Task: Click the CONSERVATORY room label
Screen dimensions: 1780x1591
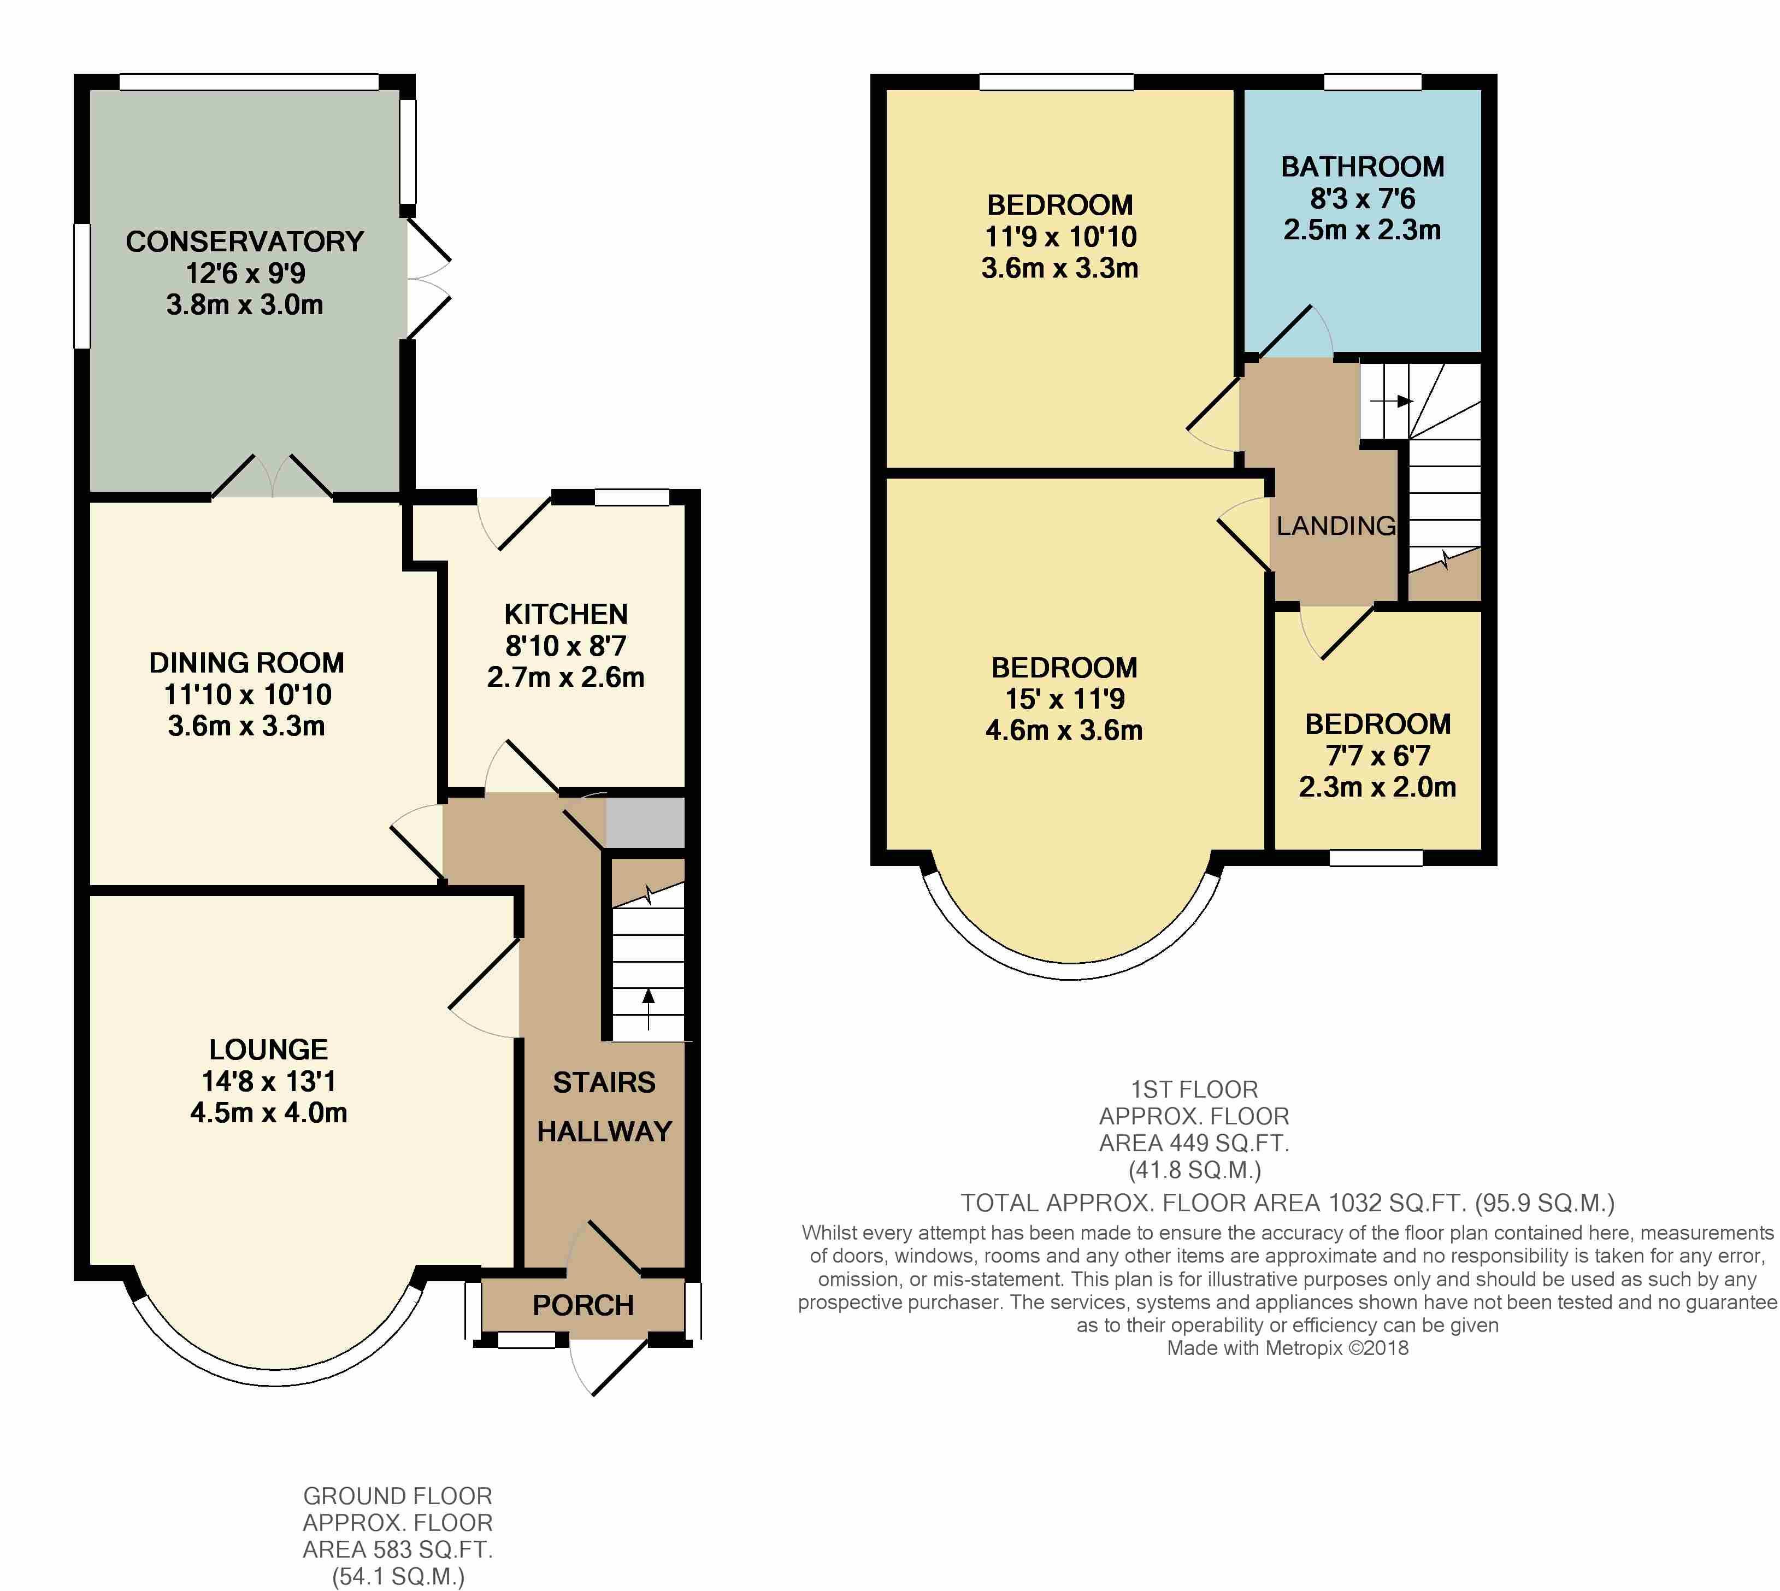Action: (245, 241)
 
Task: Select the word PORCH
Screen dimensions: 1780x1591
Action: (583, 1305)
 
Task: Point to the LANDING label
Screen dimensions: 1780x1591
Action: (1336, 526)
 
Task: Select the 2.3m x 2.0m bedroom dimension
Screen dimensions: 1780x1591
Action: (1377, 787)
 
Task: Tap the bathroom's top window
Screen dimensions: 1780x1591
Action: (1372, 82)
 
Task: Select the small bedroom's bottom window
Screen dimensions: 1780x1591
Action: (1376, 858)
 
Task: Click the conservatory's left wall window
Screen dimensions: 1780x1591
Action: (82, 286)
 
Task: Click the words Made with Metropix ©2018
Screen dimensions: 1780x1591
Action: (1288, 1347)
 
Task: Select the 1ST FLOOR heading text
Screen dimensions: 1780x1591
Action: (1194, 1089)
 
